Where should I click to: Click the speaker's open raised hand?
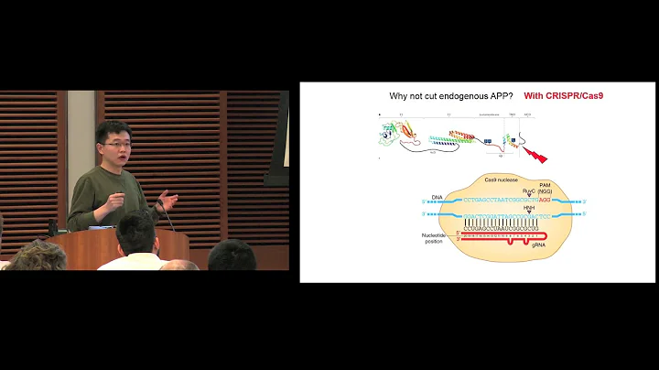tap(167, 199)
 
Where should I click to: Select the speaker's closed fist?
tap(117, 197)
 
